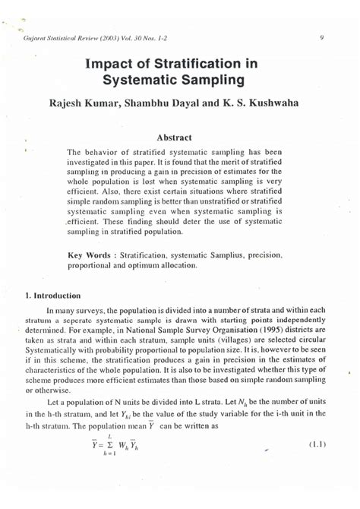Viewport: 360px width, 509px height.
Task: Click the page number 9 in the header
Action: coord(323,36)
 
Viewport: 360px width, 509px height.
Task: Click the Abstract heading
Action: coord(179,138)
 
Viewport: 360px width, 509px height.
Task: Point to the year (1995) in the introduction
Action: coord(260,332)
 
